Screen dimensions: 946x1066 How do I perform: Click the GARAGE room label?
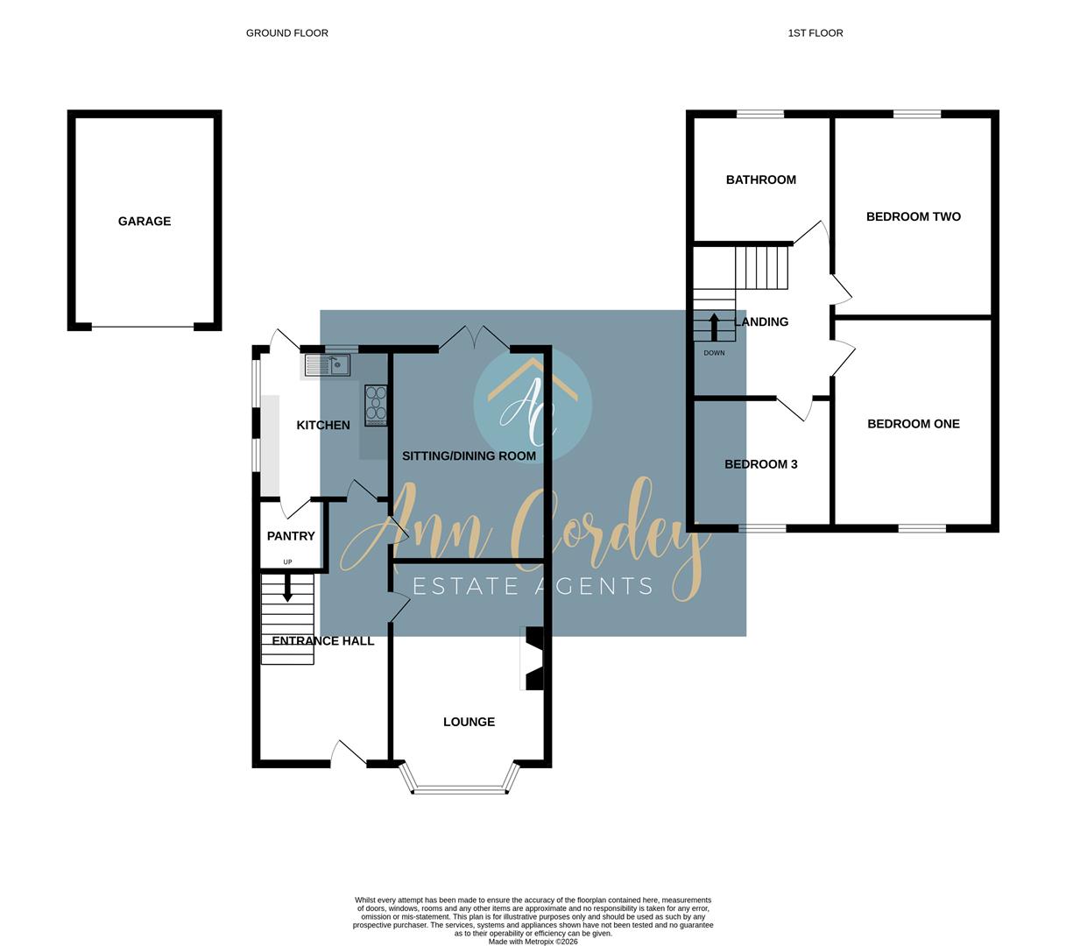(x=145, y=222)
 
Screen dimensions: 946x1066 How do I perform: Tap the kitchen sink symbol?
(x=328, y=364)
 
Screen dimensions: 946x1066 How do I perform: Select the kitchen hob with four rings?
(x=376, y=406)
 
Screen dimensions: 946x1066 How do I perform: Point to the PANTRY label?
(x=291, y=536)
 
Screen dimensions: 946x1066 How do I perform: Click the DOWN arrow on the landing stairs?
(x=714, y=326)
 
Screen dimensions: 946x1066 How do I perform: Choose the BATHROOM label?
(x=761, y=180)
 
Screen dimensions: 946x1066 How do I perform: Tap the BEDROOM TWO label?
(x=913, y=216)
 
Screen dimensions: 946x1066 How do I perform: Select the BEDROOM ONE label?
(x=913, y=424)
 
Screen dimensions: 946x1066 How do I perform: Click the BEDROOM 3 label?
(x=760, y=464)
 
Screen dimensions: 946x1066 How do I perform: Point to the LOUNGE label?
(x=469, y=722)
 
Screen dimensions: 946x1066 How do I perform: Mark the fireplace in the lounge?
(x=533, y=659)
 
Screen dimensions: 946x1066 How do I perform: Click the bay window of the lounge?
(x=460, y=789)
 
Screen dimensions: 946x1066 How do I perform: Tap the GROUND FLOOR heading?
(x=286, y=33)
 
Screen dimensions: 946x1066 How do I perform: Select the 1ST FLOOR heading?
(x=815, y=33)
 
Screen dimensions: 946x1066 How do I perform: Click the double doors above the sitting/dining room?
(x=474, y=339)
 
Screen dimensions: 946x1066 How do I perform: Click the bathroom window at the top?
(x=759, y=114)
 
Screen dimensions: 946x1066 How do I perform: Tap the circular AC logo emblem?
(x=533, y=405)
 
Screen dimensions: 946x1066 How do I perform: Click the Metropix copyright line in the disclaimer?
(x=533, y=942)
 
